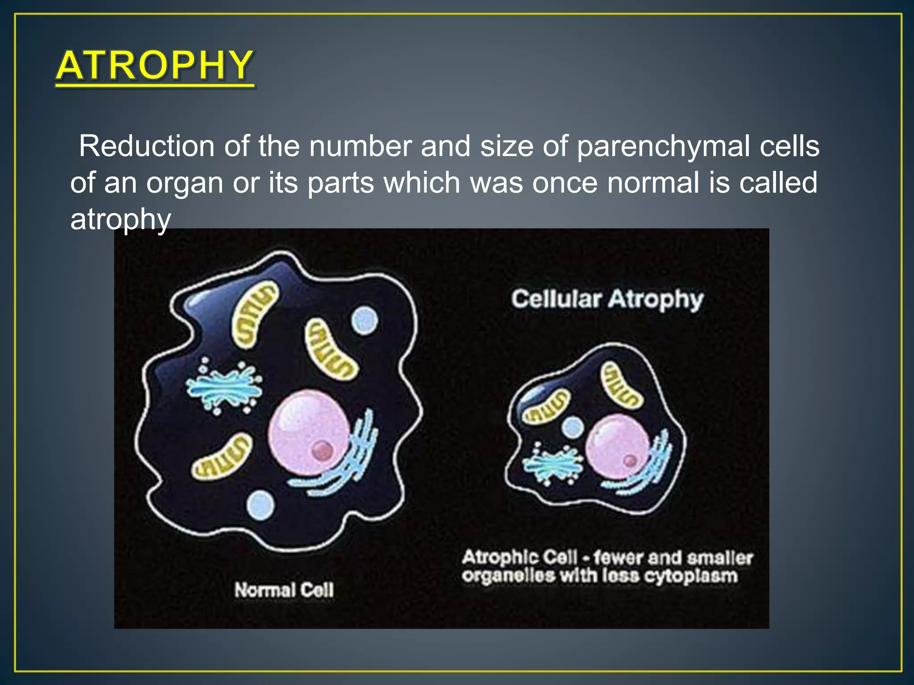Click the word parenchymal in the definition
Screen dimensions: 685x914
663,146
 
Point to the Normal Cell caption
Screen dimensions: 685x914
284,590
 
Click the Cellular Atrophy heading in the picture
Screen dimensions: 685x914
607,299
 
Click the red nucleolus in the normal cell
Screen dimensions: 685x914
322,450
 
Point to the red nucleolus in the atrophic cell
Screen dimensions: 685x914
630,460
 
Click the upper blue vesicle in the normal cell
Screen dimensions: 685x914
364,320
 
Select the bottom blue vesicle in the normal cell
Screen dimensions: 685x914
261,505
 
